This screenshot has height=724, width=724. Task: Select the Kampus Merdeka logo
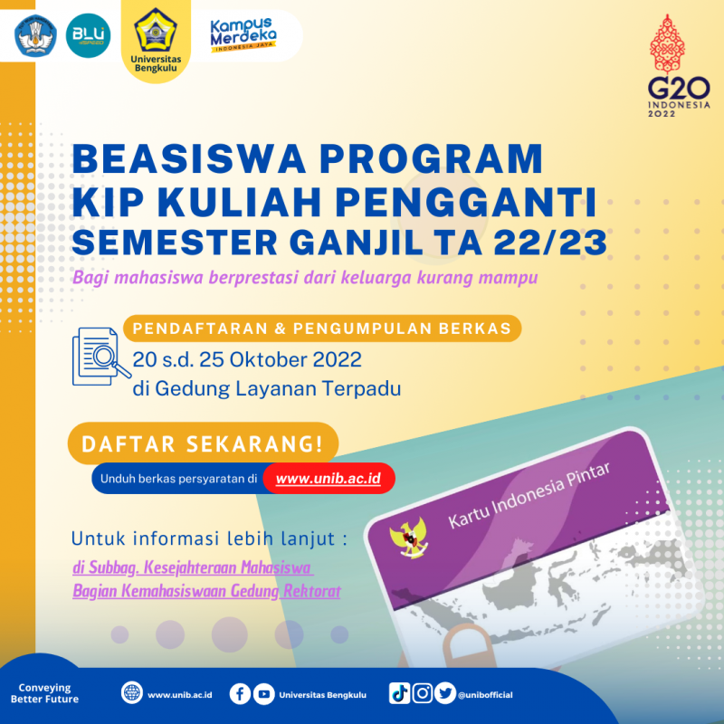coord(243,33)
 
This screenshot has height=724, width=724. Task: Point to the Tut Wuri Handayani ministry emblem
coord(37,35)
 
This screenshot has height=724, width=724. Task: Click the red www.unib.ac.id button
coord(329,478)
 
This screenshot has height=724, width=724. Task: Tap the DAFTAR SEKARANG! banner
coord(203,444)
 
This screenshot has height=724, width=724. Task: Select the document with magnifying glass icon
coord(98,356)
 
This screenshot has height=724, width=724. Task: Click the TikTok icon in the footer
coord(399,693)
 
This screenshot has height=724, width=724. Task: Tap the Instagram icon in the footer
coord(422,693)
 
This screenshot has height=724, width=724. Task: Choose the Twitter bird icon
coord(444,693)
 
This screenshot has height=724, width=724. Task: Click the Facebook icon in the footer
coord(240,693)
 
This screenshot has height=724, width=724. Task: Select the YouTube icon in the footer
coord(263,693)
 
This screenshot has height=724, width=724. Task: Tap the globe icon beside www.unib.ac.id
coord(132,693)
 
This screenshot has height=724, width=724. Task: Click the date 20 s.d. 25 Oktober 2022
coord(247,359)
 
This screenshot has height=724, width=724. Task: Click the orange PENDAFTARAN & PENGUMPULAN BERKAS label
coord(321,328)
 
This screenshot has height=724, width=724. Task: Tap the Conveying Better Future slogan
coord(44,693)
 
